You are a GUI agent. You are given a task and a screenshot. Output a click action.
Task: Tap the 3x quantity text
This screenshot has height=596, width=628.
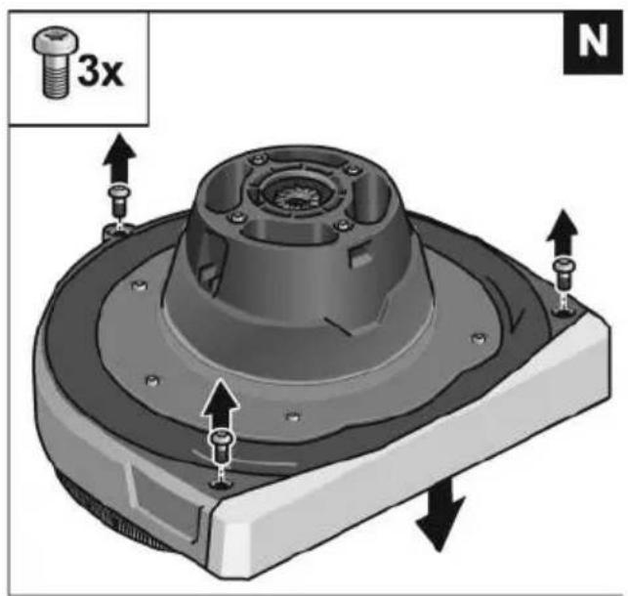tap(101, 70)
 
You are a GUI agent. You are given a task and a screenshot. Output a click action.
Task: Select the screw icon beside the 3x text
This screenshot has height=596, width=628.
tap(55, 63)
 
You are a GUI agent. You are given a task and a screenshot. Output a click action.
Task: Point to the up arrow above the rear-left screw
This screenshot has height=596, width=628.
tap(119, 158)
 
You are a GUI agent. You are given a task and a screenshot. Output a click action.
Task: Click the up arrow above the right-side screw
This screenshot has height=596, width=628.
tap(563, 233)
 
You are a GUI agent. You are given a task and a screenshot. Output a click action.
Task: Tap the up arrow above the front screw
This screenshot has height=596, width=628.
tap(221, 404)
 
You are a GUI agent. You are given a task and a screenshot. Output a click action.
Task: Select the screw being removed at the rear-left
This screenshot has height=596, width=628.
tap(119, 201)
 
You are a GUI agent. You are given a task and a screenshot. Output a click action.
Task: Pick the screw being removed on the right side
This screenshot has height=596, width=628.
tap(564, 273)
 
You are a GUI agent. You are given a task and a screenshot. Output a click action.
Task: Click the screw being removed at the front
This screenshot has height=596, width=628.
tap(221, 446)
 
